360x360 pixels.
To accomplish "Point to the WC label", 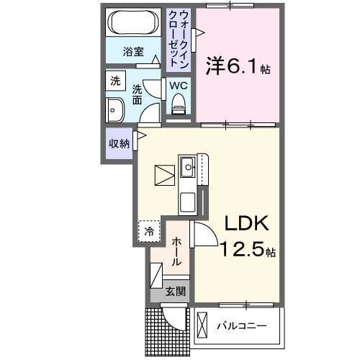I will click(179, 86).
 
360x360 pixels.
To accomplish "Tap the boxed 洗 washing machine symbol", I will click(115, 82).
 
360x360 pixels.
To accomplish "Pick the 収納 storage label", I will click(119, 143).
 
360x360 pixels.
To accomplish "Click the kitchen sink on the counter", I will click(189, 167).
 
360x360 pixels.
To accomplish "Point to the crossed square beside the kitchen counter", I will click(165, 175).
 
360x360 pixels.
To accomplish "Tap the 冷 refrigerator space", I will click(148, 232).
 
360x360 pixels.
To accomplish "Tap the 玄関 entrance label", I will click(174, 292).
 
